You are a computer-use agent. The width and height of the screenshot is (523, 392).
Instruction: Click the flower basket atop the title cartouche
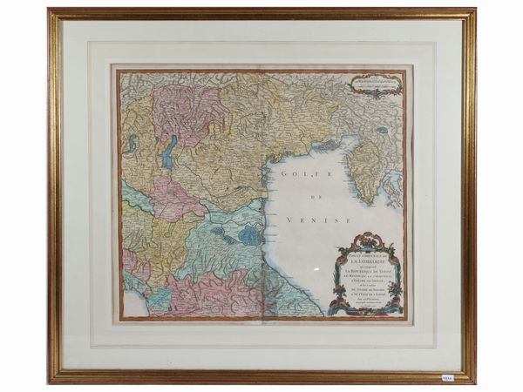click(x=365, y=239)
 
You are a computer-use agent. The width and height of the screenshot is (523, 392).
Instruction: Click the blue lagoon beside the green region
click(x=251, y=234)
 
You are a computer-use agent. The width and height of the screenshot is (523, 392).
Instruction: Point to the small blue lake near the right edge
click(x=382, y=131)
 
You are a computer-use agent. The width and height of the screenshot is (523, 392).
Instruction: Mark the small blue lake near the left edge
click(x=130, y=139)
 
